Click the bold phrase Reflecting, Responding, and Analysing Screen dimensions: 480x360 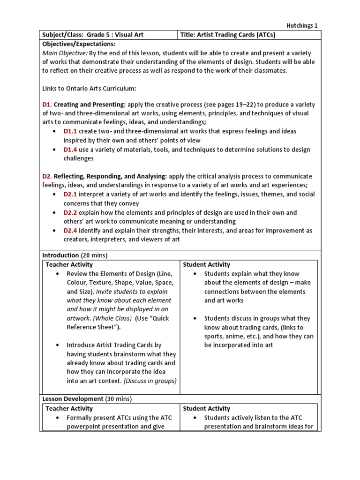click(110, 176)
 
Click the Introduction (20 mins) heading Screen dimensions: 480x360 click(75, 255)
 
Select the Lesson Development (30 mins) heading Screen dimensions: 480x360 click(87, 399)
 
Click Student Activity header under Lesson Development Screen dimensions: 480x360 click(206, 409)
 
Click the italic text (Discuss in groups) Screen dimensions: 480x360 click(150, 381)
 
